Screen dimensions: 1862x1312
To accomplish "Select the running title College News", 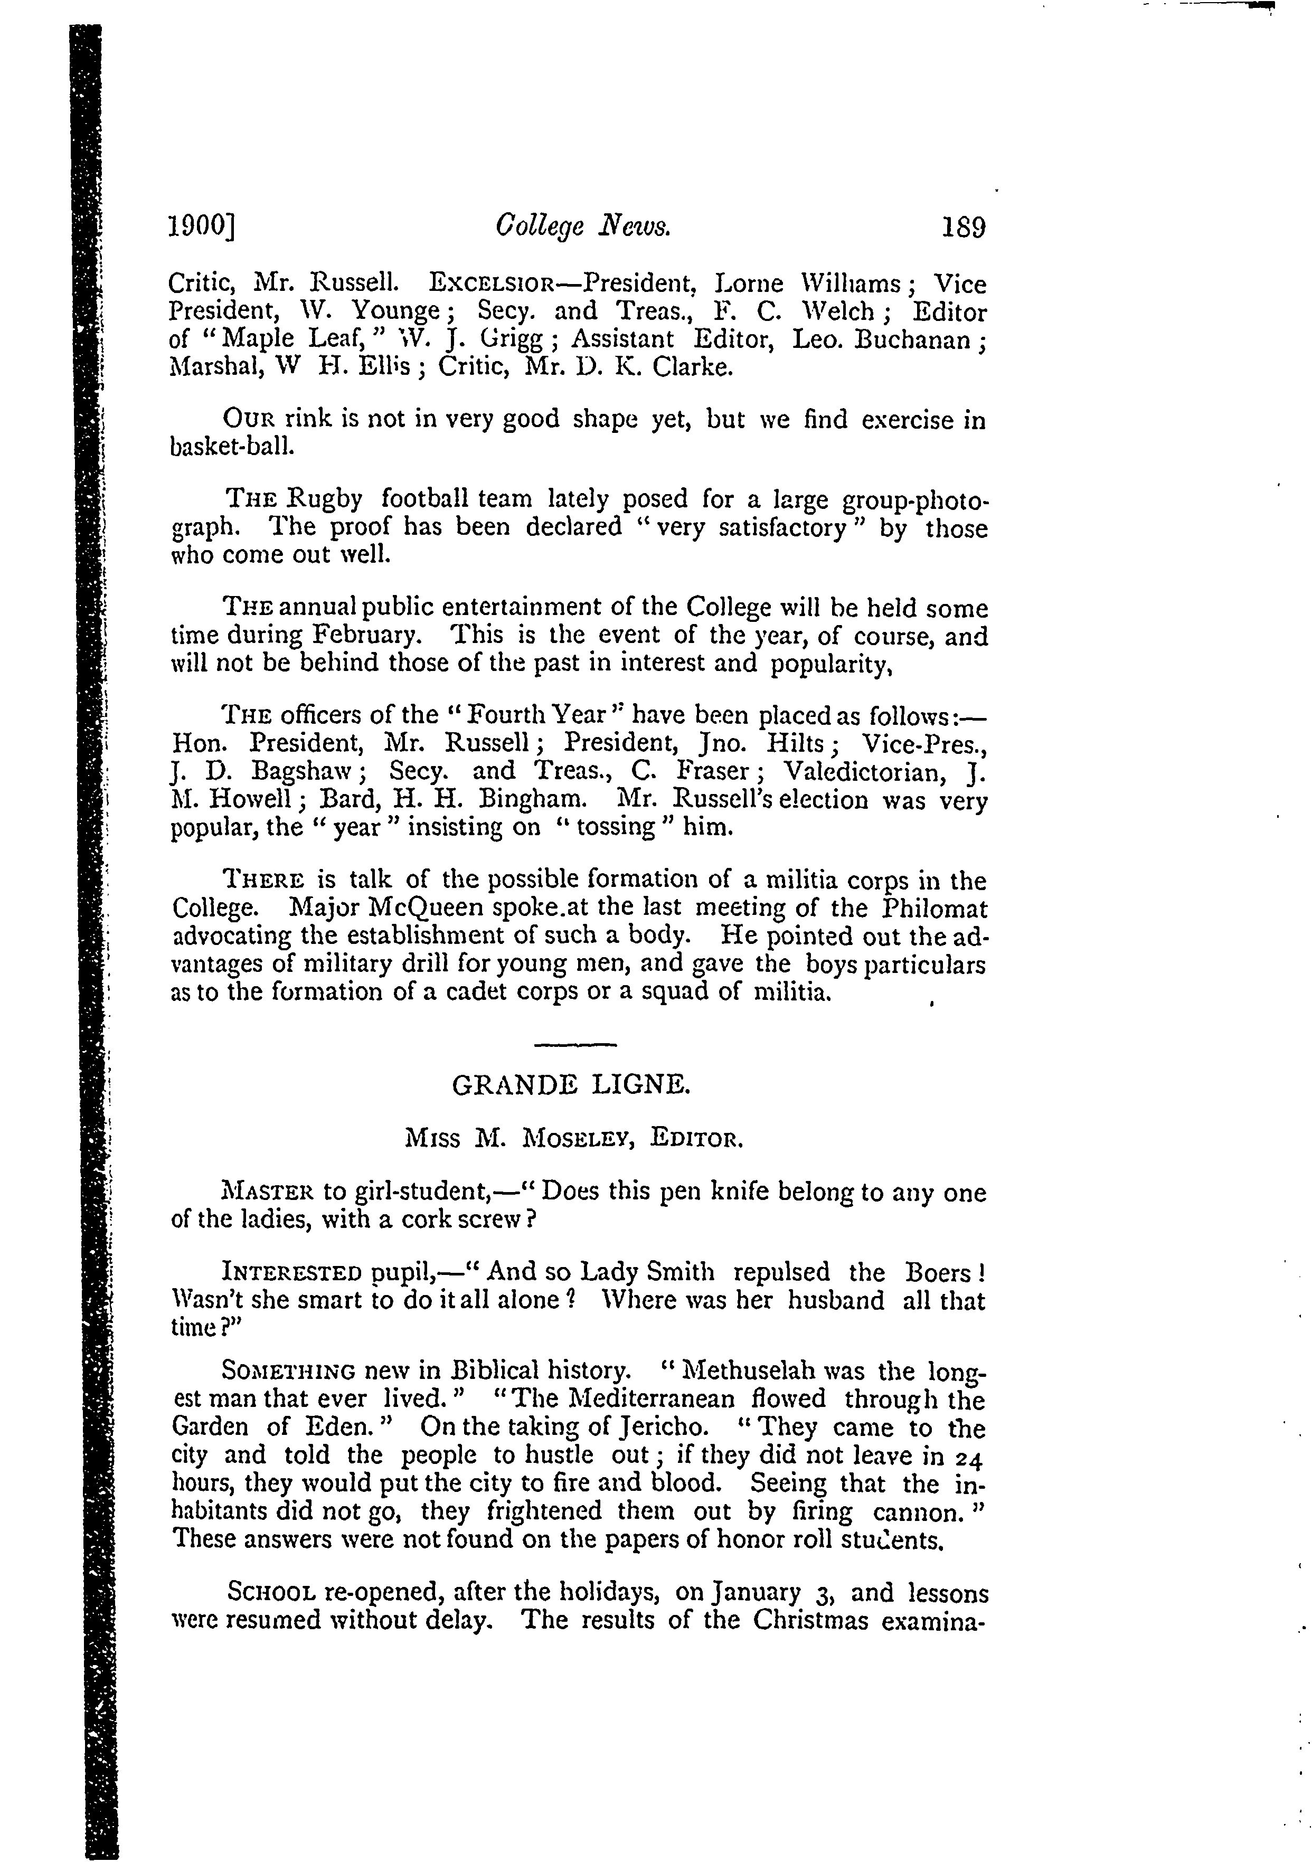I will pos(583,228).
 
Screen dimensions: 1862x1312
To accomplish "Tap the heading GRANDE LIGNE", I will pos(571,1084).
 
